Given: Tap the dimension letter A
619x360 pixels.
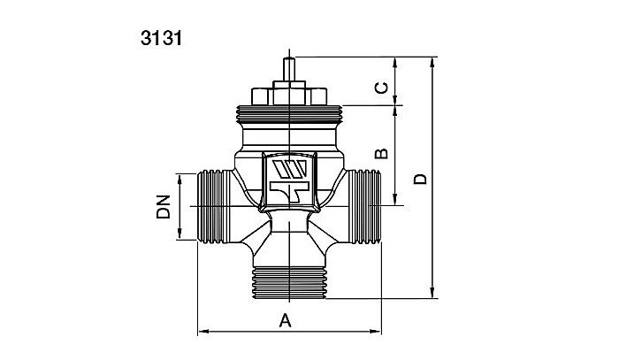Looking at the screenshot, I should [x=285, y=320].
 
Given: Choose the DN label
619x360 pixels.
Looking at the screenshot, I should [x=164, y=207].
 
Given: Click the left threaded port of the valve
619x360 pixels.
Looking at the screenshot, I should [x=211, y=206].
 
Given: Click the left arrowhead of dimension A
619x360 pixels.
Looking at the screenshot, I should [x=200, y=333].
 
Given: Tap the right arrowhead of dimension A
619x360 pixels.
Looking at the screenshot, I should [x=374, y=333].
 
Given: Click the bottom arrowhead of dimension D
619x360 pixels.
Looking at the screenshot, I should [x=433, y=295].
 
